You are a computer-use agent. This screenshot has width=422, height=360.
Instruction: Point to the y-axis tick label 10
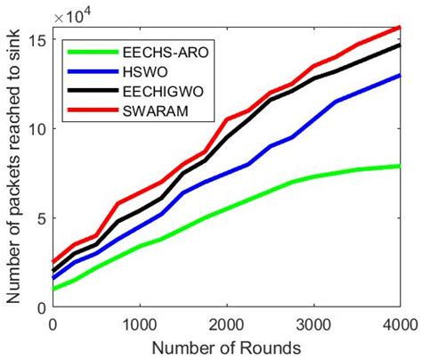37,128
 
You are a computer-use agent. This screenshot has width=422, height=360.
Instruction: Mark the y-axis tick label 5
42,218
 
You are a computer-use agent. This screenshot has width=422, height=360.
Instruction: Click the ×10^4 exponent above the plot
72,15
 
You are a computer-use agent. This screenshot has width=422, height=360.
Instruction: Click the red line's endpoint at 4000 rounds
399,27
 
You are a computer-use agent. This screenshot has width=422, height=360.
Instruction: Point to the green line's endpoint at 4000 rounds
399,166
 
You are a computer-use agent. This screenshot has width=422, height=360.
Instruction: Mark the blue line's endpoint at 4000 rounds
399,75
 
